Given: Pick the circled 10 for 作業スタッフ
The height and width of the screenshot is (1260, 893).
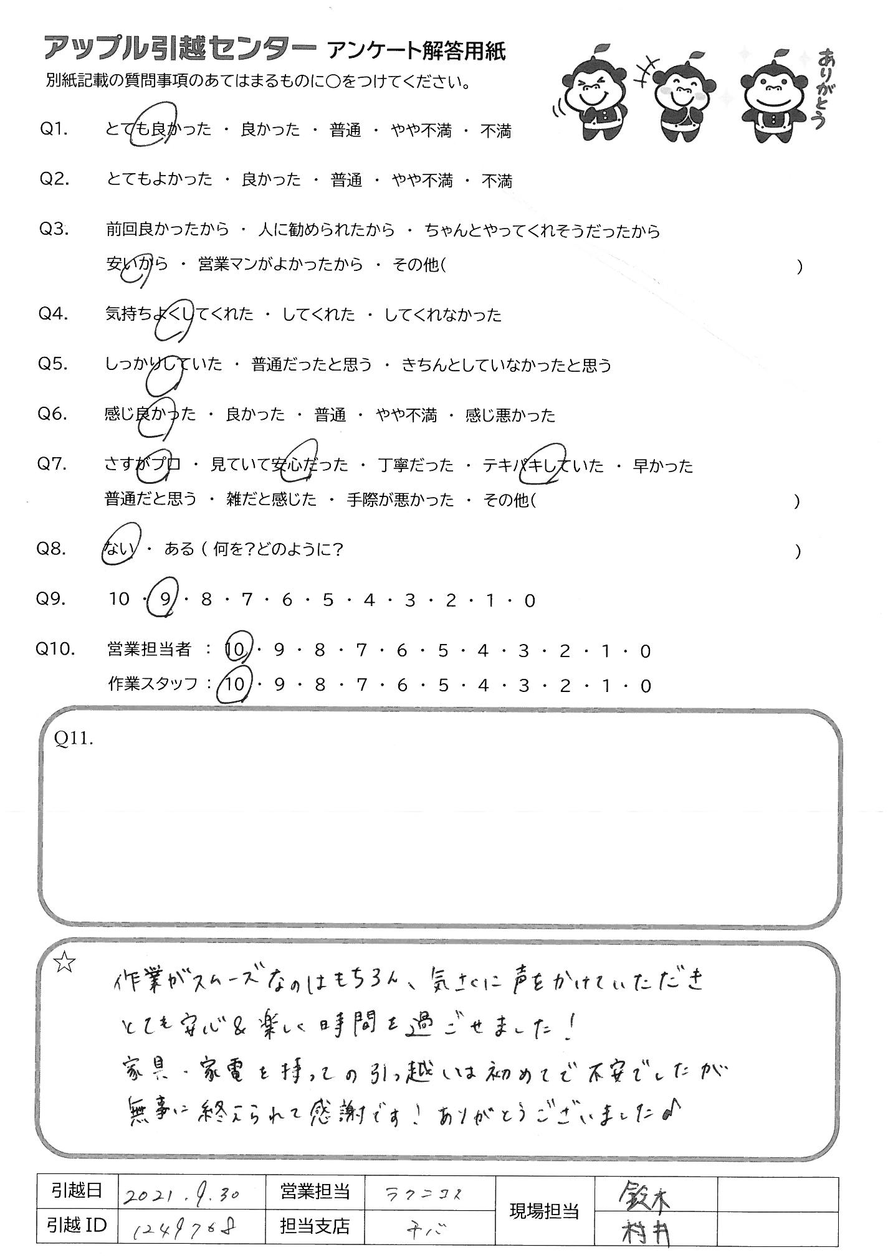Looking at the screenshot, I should tap(236, 686).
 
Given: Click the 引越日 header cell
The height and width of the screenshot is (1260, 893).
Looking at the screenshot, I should tap(77, 1192).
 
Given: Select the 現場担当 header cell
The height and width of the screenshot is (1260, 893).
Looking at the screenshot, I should tap(545, 1211).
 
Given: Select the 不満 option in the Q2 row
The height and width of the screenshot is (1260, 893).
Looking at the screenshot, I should tap(497, 181).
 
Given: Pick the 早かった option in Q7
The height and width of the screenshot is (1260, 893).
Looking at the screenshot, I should tap(662, 466).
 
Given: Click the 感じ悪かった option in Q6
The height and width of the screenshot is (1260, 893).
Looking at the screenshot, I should tap(510, 415).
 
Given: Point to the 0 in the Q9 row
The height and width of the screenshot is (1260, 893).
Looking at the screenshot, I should tap(530, 601).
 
